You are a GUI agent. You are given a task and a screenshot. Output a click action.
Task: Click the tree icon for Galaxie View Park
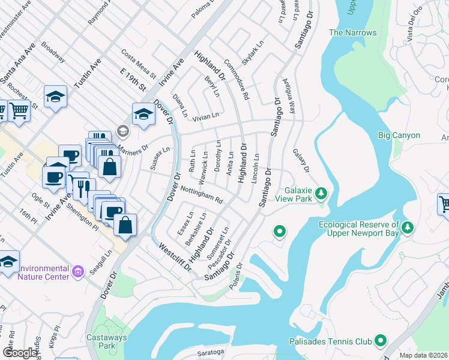click(322, 193)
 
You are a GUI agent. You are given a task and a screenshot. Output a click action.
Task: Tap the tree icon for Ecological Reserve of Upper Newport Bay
click(408, 227)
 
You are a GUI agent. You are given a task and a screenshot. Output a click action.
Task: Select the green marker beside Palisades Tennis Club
click(381, 341)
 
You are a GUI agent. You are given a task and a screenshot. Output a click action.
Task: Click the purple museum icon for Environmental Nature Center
click(77, 272)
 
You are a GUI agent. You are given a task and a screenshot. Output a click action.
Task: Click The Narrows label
click(353, 32)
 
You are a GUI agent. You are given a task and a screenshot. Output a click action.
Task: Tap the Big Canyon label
click(399, 135)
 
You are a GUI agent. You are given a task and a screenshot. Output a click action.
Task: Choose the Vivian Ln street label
click(205, 115)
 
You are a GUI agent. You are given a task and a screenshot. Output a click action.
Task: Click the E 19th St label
click(133, 79)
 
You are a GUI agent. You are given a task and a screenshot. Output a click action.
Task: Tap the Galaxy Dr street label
click(301, 160)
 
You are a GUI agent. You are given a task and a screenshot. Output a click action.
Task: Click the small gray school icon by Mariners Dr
click(123, 131)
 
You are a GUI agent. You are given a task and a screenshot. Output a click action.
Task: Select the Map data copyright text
click(424, 355)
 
